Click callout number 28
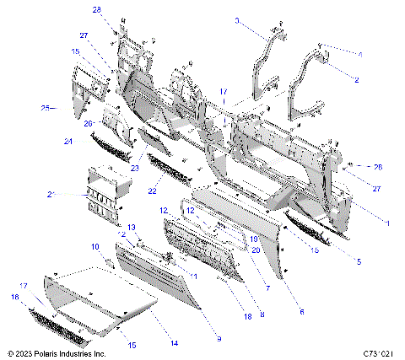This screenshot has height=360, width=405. pos(96,9)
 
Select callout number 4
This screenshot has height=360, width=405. pos(359,53)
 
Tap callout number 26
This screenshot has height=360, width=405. pos(377,166)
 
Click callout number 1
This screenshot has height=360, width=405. pos(386,221)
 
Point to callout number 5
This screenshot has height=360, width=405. pos(358,262)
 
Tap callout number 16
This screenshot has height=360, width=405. pos(14,297)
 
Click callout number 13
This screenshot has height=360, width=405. pos(132,228)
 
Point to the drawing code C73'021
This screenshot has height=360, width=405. pos(381,354)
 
